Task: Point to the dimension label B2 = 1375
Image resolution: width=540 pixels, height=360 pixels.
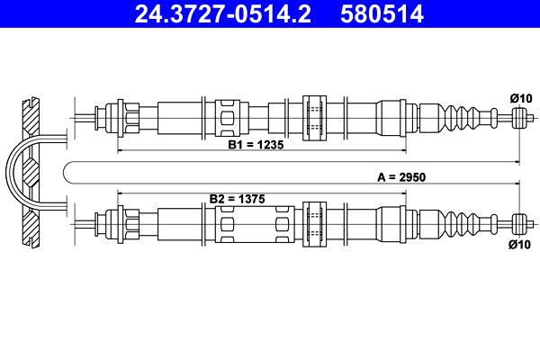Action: click(x=238, y=198)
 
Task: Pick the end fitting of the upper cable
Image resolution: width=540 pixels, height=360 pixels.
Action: click(x=518, y=116)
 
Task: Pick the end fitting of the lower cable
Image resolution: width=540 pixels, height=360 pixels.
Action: click(x=518, y=221)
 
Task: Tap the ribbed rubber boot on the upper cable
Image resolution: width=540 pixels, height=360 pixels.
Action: click(x=460, y=116)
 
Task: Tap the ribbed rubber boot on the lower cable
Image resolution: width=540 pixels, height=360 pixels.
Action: click(x=460, y=221)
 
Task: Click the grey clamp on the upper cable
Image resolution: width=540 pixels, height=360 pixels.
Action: click(x=317, y=116)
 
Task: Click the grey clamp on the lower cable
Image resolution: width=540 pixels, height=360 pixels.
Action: click(x=317, y=221)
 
